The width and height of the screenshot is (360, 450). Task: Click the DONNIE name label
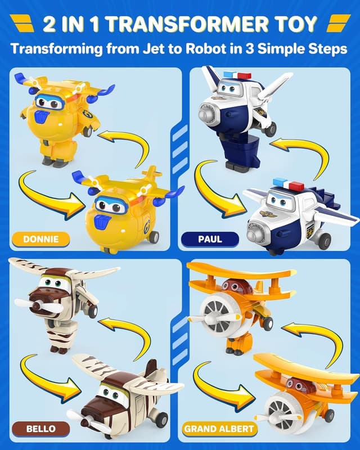point(40,239)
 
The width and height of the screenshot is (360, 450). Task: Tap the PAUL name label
point(210,239)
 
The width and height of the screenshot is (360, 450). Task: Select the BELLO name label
point(40,429)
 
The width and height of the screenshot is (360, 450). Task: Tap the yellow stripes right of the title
point(339,24)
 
